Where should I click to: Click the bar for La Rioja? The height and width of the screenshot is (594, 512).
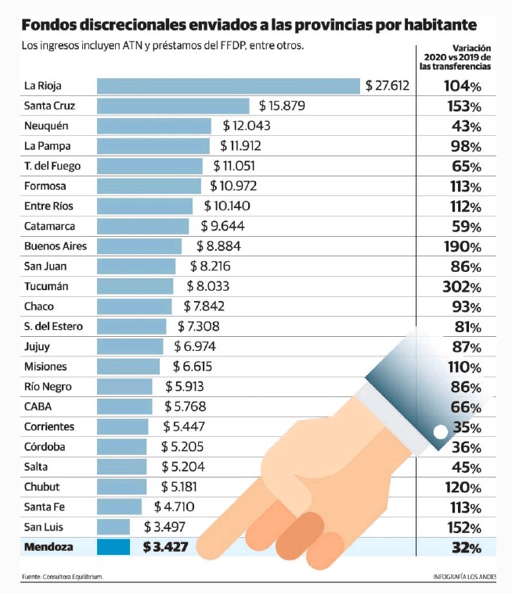coord(229,86)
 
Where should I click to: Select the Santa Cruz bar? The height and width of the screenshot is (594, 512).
coord(173,106)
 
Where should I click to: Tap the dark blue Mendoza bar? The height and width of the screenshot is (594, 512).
coord(114,547)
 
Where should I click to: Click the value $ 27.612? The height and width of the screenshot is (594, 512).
coord(388,86)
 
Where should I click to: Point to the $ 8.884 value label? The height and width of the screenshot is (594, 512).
coord(218,246)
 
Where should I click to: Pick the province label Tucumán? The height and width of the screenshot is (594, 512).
coord(46,286)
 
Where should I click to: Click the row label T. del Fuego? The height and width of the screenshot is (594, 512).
coord(52,166)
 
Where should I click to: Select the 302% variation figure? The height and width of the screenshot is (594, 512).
coord(462,287)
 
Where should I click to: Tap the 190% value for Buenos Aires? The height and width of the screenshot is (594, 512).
coord(463,247)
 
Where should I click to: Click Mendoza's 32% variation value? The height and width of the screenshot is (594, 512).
coord(467,548)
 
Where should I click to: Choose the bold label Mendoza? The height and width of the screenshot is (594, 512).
coord(49,547)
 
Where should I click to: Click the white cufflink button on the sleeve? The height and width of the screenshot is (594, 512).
coord(440,432)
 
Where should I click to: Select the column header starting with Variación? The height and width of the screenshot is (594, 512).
coord(455,57)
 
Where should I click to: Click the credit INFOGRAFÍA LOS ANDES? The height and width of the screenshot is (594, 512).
coord(464,577)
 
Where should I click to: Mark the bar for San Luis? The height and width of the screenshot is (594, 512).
coord(114,527)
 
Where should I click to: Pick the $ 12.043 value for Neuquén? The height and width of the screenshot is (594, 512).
coord(247,126)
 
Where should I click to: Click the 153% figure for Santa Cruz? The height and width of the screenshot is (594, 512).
coord(464,106)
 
